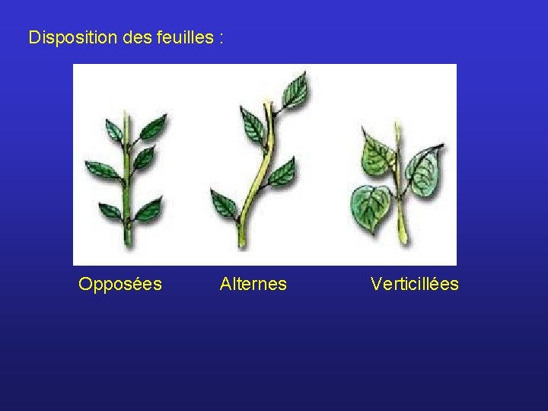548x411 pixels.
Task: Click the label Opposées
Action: (x=120, y=285)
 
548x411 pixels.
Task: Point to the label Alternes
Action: (x=253, y=285)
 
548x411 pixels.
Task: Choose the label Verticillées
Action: (x=415, y=285)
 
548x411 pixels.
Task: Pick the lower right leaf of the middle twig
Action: (x=283, y=173)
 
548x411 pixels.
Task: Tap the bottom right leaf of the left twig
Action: (x=148, y=207)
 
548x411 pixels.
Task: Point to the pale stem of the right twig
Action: (x=400, y=221)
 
